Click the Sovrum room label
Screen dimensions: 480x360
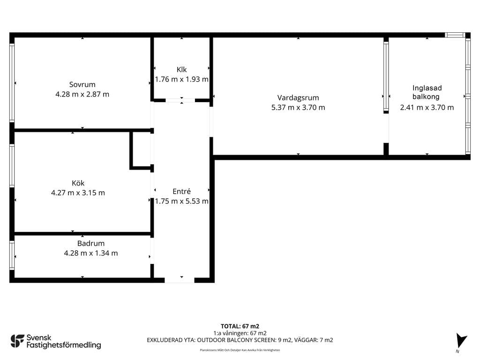pyautogui.click(x=82, y=84)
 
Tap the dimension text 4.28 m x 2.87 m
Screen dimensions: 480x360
pyautogui.click(x=82, y=94)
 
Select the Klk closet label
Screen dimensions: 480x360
pyautogui.click(x=181, y=69)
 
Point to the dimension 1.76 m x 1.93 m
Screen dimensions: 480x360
pyautogui.click(x=181, y=79)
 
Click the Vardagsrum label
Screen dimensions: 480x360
pyautogui.click(x=298, y=98)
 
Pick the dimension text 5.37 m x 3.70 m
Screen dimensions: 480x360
pyautogui.click(x=298, y=107)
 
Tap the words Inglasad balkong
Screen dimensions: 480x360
pyautogui.click(x=427, y=92)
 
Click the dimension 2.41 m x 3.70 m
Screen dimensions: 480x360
pyautogui.click(x=427, y=107)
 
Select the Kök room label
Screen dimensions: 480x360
pyautogui.click(x=78, y=183)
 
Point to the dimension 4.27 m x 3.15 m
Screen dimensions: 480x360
pyautogui.click(x=78, y=193)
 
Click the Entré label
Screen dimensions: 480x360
pyautogui.click(x=181, y=191)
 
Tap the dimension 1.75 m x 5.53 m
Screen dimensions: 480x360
pyautogui.click(x=181, y=201)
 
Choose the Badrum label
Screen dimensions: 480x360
pyautogui.click(x=91, y=243)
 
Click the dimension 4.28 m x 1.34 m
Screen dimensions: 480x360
pyautogui.click(x=91, y=253)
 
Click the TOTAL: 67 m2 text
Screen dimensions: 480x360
pyautogui.click(x=240, y=326)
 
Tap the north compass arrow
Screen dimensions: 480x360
pyautogui.click(x=461, y=340)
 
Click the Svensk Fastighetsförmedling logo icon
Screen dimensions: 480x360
pyautogui.click(x=17, y=341)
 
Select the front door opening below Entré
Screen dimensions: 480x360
pyautogui.click(x=180, y=280)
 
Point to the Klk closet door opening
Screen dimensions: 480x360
pyautogui.click(x=180, y=100)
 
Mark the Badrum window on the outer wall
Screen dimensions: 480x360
pyautogui.click(x=12, y=255)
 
